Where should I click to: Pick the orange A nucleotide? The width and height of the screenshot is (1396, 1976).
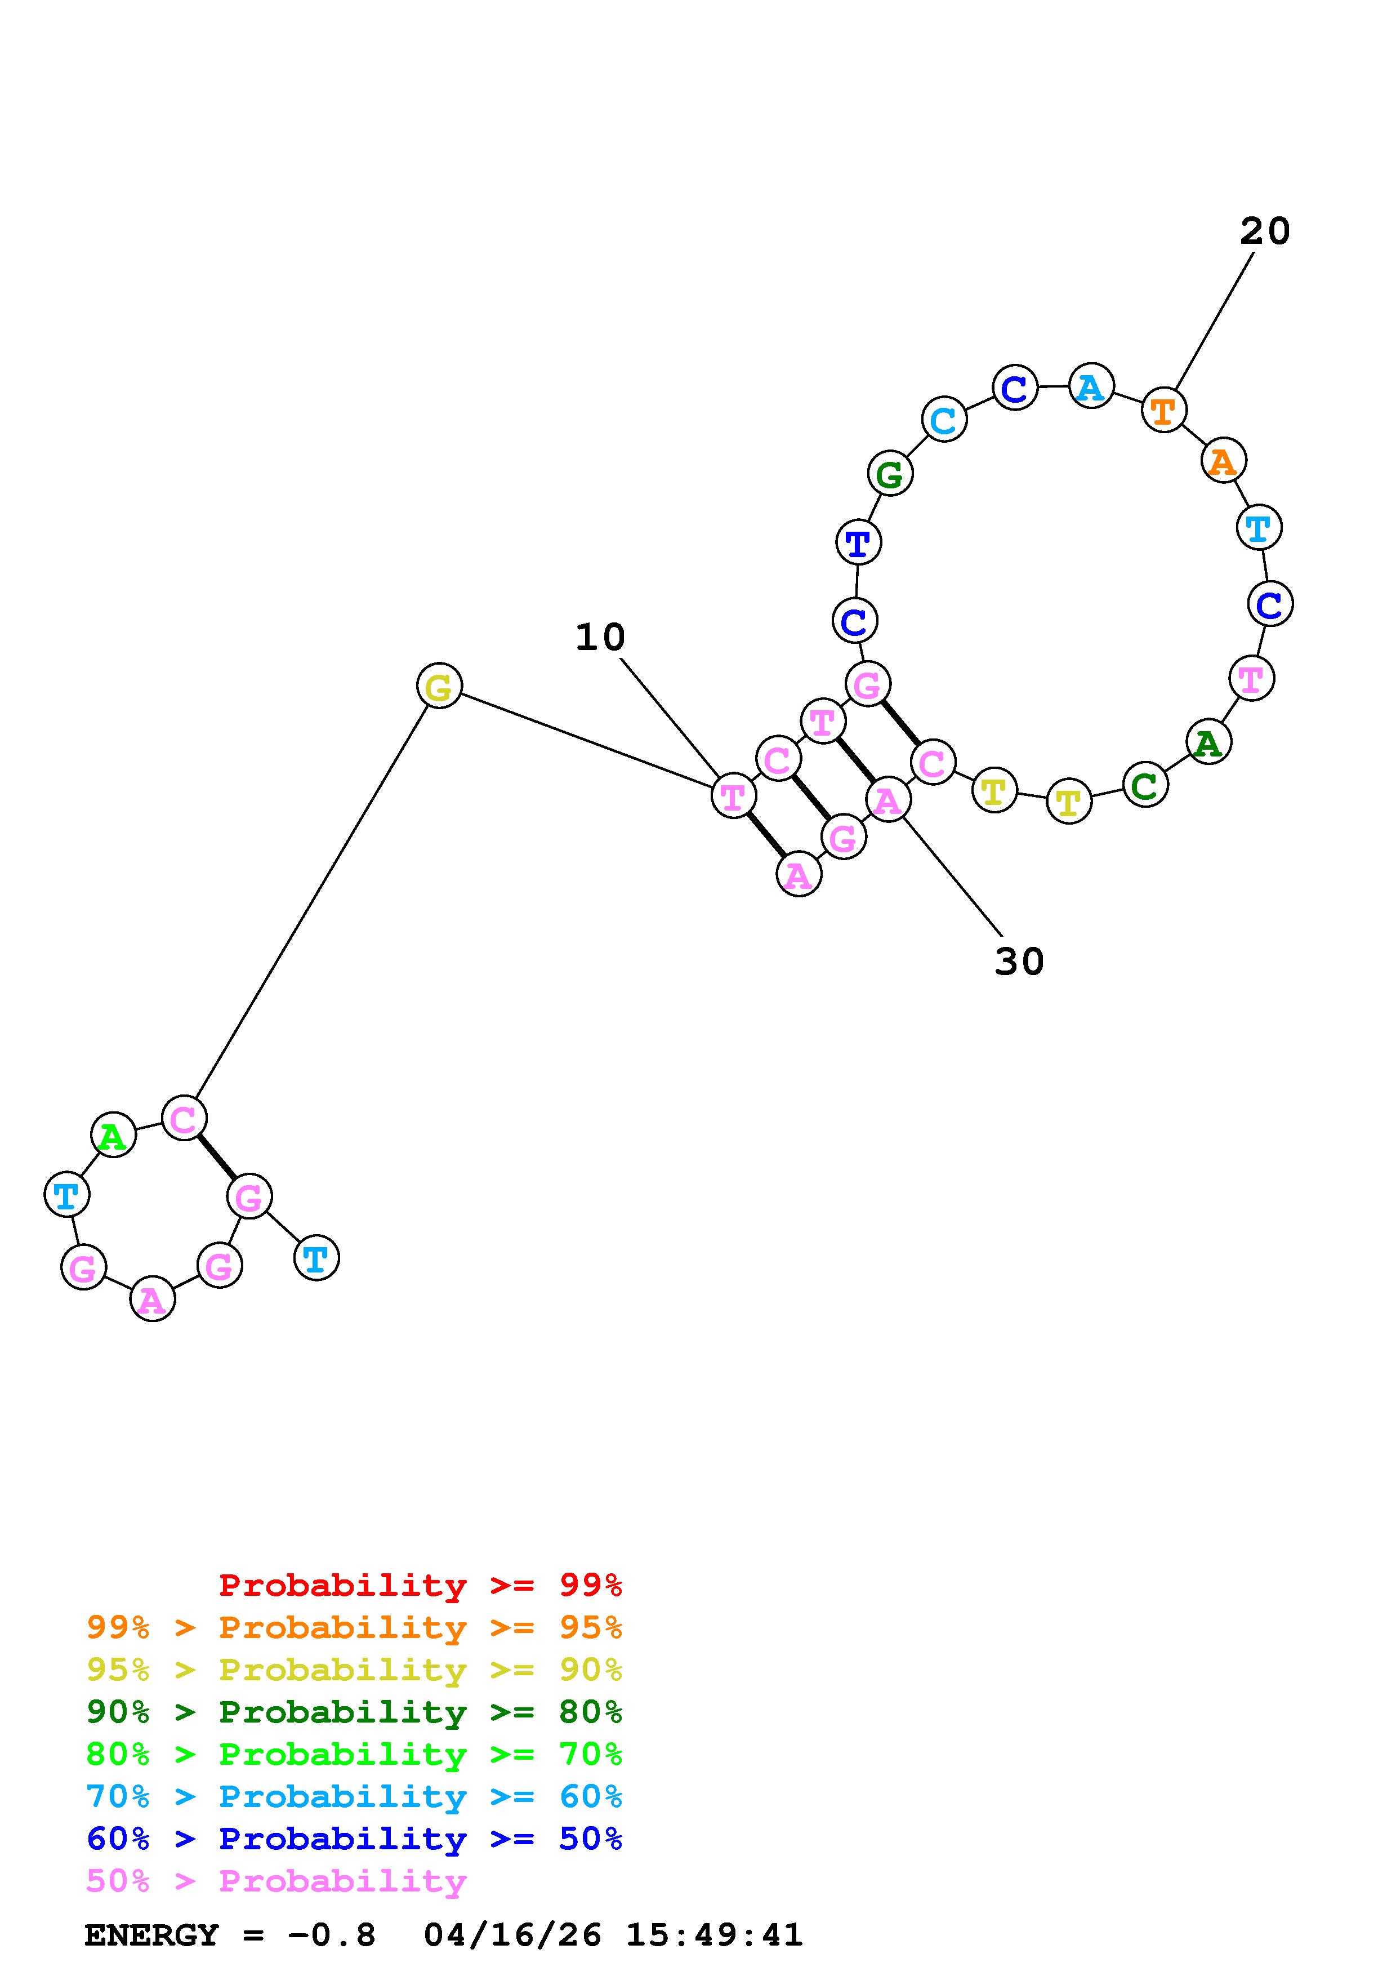point(1222,461)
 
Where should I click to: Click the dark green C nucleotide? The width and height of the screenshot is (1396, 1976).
point(1145,785)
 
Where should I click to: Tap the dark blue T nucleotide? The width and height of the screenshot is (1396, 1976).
point(858,543)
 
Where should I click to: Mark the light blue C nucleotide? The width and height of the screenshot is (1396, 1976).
point(944,420)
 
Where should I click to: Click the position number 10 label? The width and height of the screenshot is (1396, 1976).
point(600,638)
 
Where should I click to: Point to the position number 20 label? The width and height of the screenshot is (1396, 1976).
point(1264,232)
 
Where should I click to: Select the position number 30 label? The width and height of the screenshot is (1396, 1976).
point(1019,962)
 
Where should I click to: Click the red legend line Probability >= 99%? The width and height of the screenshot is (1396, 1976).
point(421,1585)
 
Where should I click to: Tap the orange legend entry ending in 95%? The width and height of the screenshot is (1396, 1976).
point(354,1627)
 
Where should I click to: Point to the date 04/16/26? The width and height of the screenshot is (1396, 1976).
point(512,1935)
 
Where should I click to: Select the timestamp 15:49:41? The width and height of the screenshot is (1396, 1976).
point(714,1935)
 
